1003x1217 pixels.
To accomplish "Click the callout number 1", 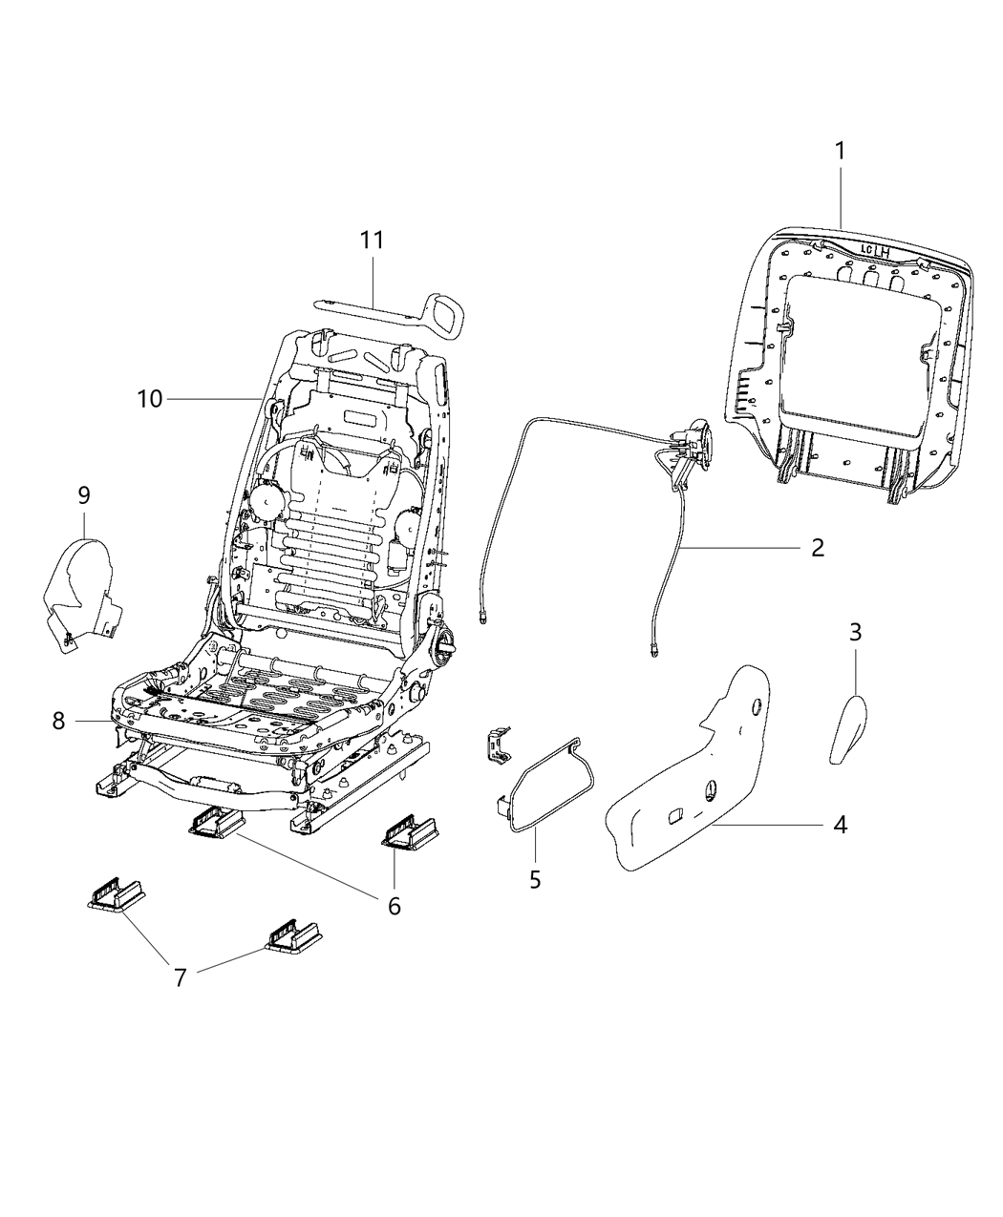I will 840,151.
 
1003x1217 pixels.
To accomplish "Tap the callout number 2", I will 818,547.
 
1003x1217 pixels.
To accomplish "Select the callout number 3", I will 855,631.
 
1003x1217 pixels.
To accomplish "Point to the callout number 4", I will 839,824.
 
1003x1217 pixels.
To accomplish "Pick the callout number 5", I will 535,878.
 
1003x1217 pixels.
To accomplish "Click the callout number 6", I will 394,905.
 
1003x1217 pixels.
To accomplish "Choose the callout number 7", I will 180,976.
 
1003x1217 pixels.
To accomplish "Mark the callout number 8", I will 59,722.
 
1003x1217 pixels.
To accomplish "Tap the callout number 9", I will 84,494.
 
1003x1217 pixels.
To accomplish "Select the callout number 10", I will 150,399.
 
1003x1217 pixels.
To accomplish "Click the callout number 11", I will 372,240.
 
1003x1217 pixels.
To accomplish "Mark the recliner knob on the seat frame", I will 445,645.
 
